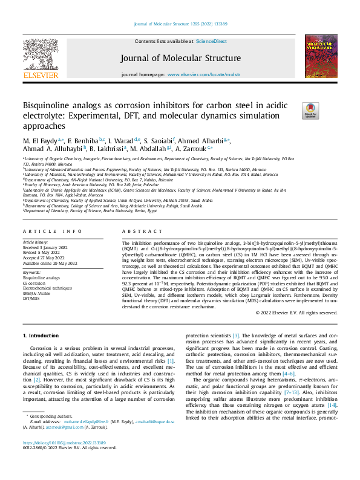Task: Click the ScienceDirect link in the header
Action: click(x=212, y=41)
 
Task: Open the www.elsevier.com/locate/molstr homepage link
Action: click(x=200, y=74)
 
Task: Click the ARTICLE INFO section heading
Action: click(x=52, y=232)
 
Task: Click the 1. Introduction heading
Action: click(x=41, y=335)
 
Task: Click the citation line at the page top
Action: click(x=180, y=24)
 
